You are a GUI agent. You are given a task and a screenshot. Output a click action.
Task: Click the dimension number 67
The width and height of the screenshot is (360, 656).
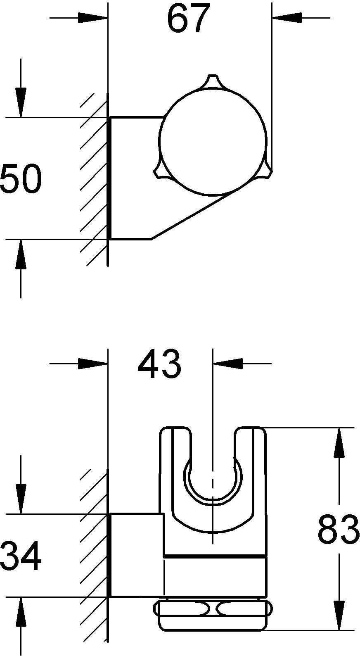click(x=189, y=18)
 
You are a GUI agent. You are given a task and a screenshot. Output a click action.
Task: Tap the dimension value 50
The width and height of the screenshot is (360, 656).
click(x=21, y=178)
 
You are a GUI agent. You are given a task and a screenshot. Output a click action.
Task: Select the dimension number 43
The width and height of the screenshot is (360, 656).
click(x=159, y=364)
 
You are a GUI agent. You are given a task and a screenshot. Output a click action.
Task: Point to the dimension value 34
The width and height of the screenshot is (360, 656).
click(x=21, y=555)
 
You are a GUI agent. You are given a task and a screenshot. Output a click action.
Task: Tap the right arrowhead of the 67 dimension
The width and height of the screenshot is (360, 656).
click(x=287, y=18)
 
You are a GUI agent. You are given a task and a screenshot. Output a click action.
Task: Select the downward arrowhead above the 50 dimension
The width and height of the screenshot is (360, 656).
click(x=21, y=102)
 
